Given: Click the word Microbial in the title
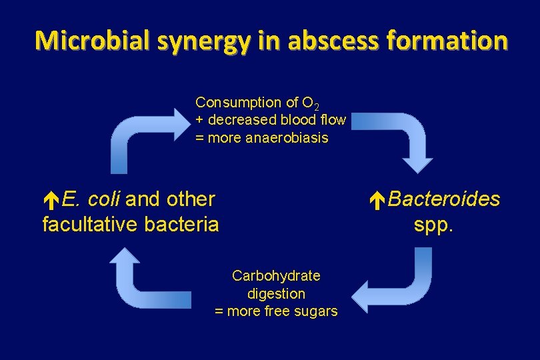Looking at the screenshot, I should tap(93, 41).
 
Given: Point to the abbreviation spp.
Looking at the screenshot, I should tap(433, 225).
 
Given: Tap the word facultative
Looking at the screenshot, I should tap(93, 225).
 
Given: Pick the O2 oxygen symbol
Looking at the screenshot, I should tap(311, 103).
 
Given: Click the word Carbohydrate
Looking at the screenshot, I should tap(276, 276).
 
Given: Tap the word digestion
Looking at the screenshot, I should tap(276, 294).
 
